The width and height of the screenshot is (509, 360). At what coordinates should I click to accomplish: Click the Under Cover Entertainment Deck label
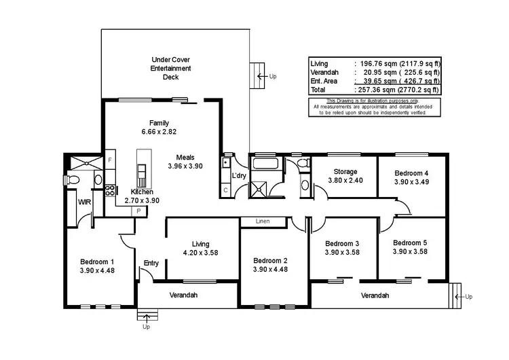click(x=170, y=68)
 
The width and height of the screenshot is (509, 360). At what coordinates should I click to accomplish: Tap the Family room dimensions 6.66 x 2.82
click(x=159, y=132)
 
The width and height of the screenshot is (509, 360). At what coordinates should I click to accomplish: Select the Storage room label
click(x=345, y=172)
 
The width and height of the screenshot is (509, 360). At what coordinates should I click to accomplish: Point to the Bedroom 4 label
click(x=411, y=173)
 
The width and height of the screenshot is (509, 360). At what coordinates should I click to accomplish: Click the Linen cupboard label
click(x=263, y=221)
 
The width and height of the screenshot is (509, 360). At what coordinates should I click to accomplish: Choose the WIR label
click(x=84, y=202)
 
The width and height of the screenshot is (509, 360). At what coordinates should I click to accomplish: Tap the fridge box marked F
click(x=110, y=160)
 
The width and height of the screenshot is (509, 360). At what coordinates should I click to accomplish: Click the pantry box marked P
click(x=139, y=211)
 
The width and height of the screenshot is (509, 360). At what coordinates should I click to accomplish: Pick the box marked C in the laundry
click(x=225, y=190)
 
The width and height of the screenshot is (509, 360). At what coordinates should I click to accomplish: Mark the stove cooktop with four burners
click(x=110, y=190)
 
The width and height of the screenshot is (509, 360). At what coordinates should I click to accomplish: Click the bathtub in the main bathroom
click(x=265, y=163)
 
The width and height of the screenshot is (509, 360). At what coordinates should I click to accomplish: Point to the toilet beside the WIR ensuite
click(x=72, y=180)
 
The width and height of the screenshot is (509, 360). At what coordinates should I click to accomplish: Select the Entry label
click(x=151, y=263)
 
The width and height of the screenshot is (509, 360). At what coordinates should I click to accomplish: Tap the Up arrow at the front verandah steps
click(x=147, y=317)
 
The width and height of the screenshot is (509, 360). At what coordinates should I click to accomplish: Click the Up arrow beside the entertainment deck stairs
click(x=262, y=76)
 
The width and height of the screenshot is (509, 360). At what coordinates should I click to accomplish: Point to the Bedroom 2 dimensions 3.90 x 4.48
click(x=270, y=270)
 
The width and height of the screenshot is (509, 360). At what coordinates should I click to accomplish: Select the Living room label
click(x=200, y=244)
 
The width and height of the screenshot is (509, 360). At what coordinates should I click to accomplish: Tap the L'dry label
click(x=239, y=175)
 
